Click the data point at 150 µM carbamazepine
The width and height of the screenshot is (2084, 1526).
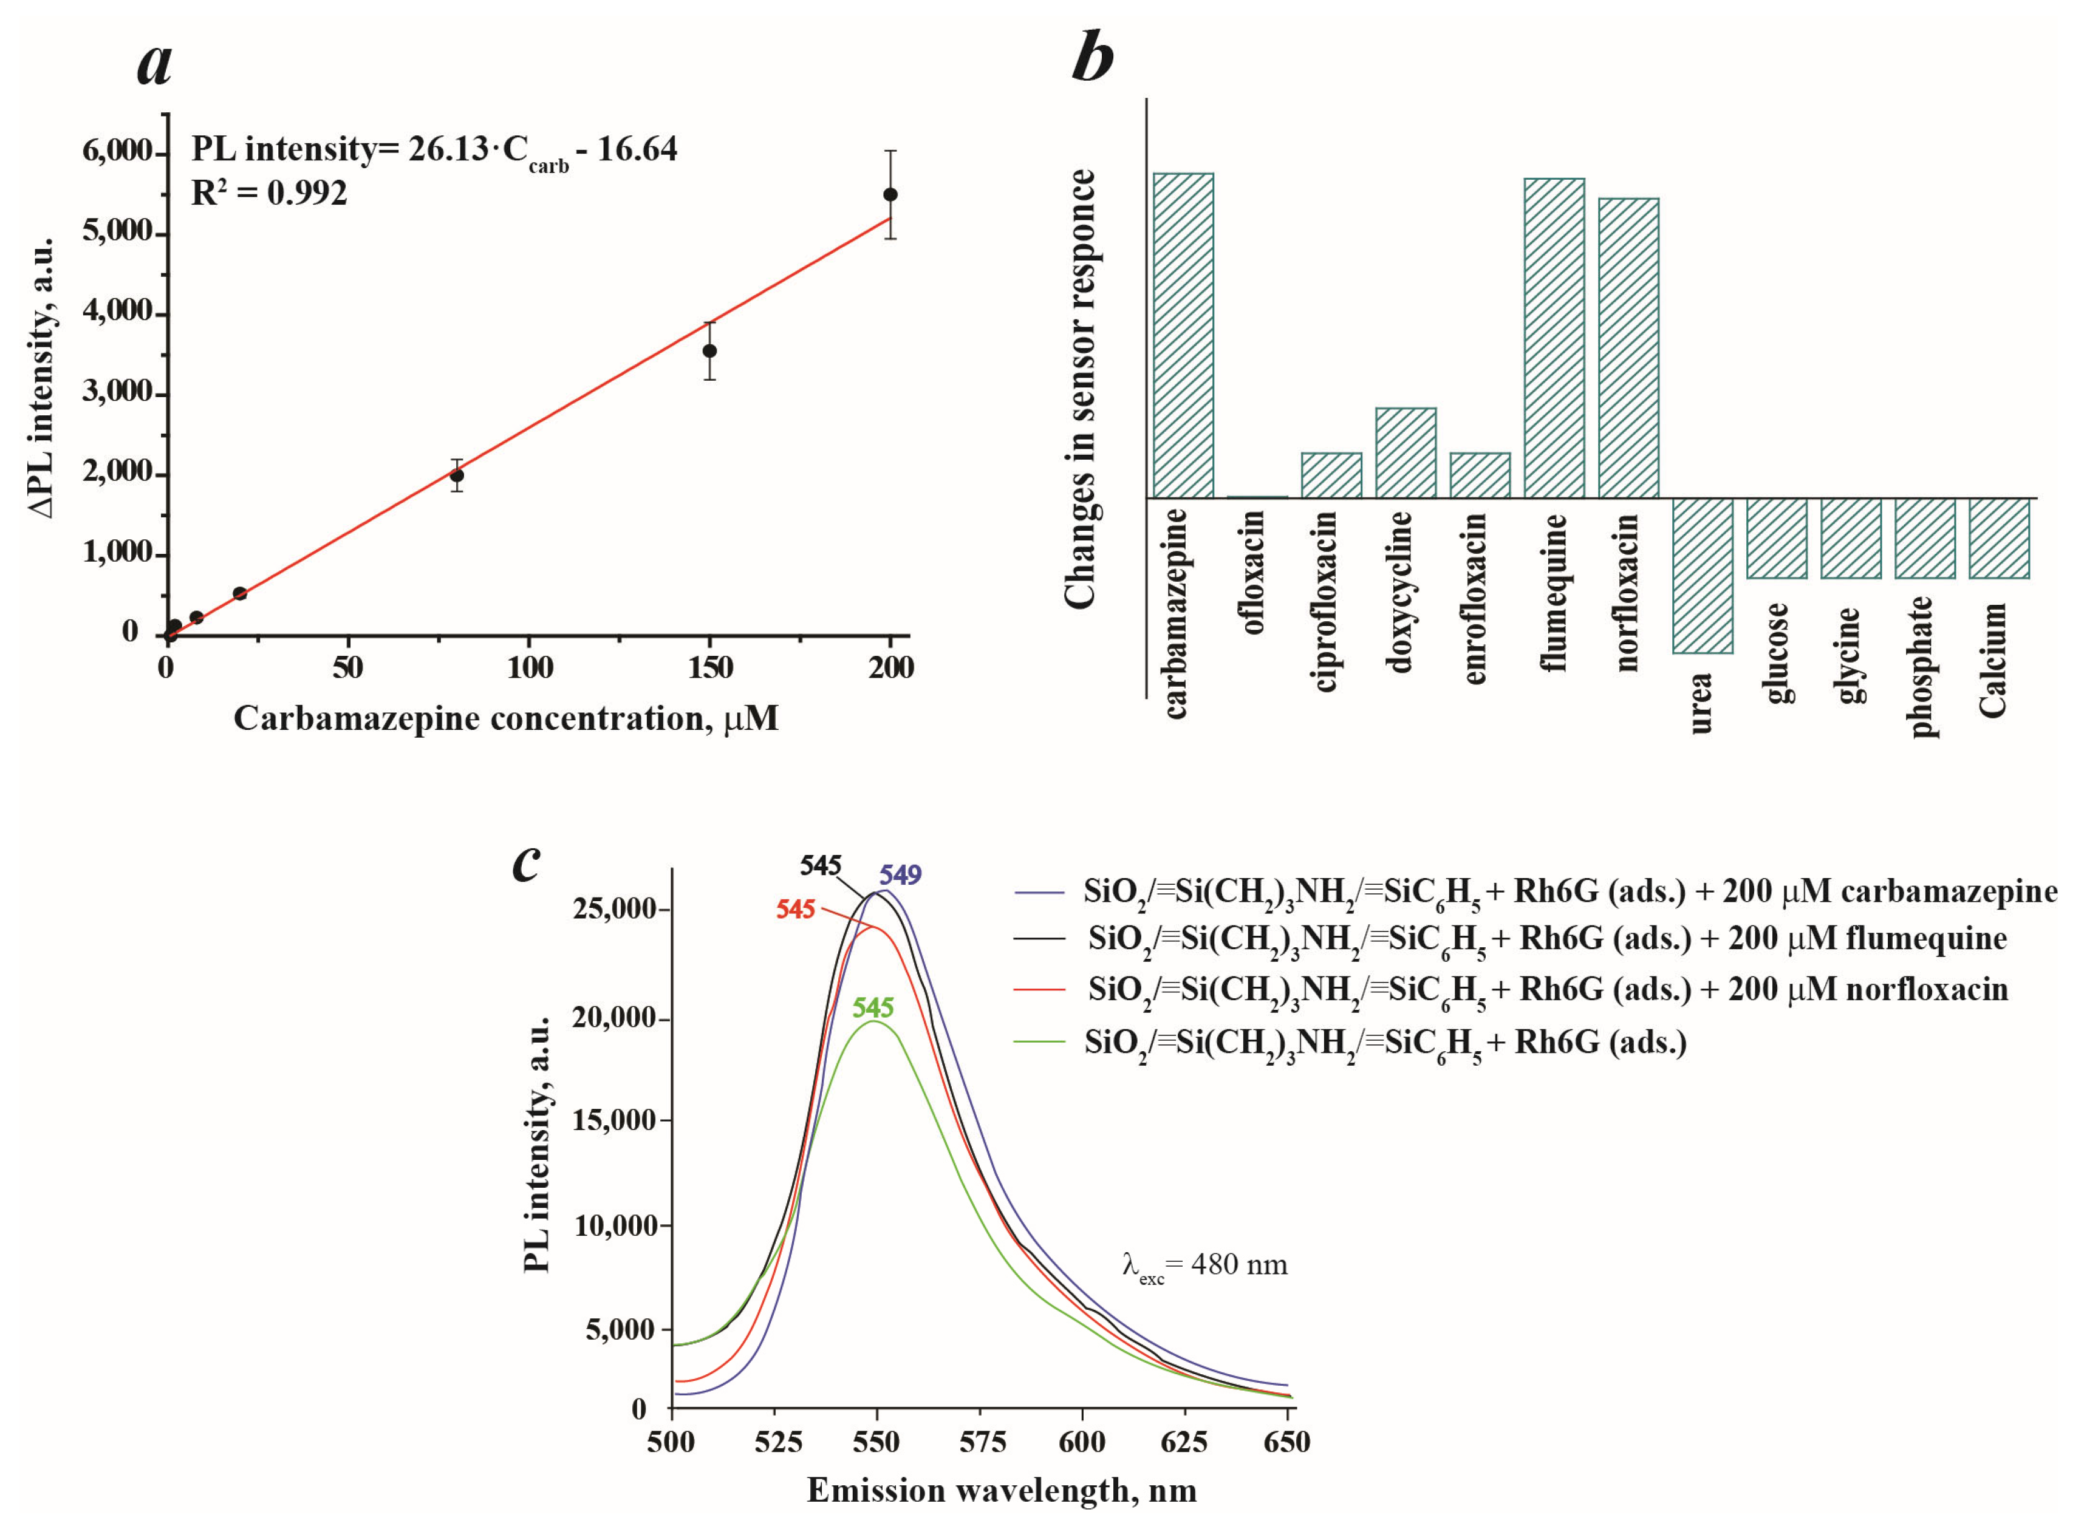(709, 351)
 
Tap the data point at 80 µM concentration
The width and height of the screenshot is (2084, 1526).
(456, 475)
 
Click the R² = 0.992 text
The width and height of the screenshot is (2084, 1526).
(269, 193)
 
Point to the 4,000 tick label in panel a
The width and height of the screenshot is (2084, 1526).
(117, 312)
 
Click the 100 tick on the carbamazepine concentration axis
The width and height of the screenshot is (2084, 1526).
(529, 667)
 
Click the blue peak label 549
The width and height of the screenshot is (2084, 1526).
(900, 874)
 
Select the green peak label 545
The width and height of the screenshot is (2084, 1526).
(873, 1007)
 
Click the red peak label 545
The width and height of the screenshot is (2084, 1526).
(794, 910)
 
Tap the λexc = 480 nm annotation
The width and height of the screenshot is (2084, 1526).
(1204, 1265)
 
